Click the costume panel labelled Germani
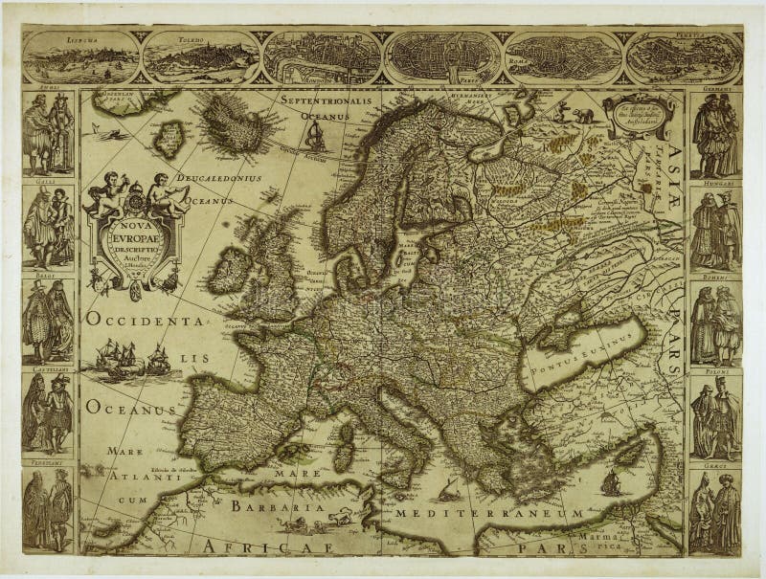[x=715, y=134]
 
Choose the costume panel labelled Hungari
[x=715, y=230]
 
